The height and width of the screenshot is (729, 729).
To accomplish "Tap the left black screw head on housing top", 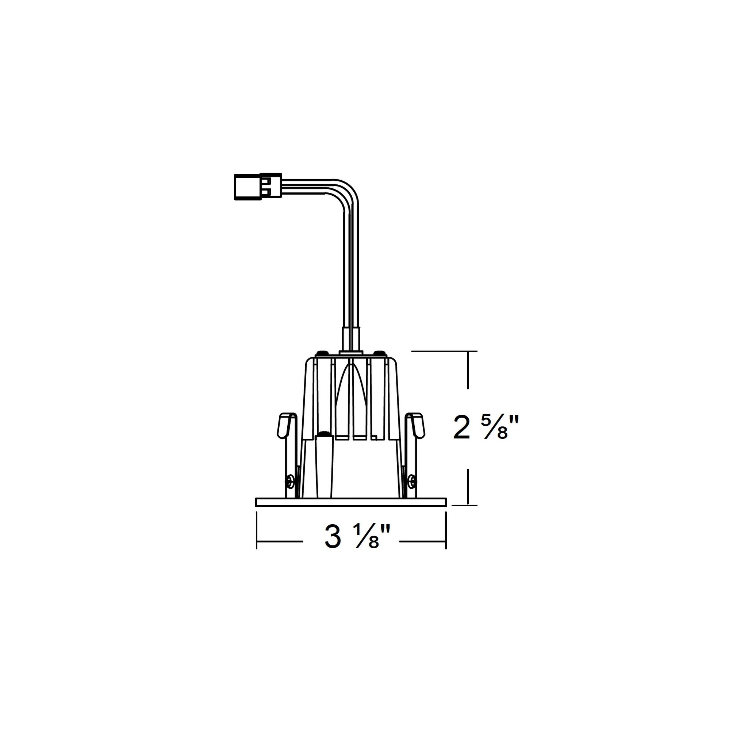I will coord(322,353).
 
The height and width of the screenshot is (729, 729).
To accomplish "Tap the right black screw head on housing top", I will coord(380,353).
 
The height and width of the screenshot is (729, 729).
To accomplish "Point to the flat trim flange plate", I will coord(351,502).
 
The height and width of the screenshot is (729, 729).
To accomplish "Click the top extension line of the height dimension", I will coord(445,351).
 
